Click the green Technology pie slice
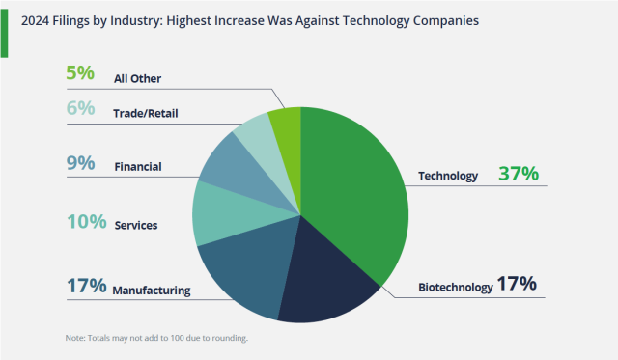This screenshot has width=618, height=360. coord(357,193)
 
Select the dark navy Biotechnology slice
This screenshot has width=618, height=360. coord(323,280)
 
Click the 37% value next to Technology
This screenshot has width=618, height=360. coord(519,174)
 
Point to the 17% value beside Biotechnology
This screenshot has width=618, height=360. coord(516,285)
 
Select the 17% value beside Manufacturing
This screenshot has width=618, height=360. coord(86,286)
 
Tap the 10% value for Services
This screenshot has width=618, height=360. coord(86,222)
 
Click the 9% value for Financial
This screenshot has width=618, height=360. coord(81,163)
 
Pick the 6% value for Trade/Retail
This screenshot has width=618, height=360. coord(81,109)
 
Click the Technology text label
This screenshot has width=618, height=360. coord(447,176)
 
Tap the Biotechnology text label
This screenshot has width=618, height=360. coord(455,287)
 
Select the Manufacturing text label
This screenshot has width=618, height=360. coord(152,290)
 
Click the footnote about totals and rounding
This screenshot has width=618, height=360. coord(157,338)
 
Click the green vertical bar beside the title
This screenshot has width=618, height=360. coord(5,29)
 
